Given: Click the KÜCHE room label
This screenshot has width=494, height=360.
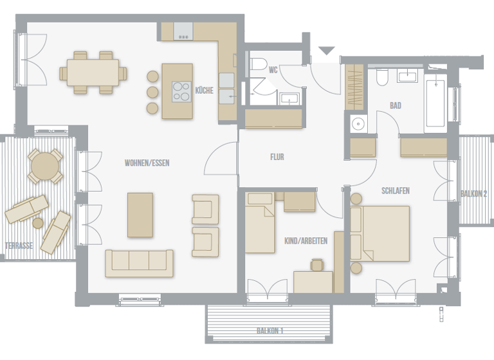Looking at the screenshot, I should [x=204, y=91].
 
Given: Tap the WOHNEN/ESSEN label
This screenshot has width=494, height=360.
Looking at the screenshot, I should [x=147, y=163].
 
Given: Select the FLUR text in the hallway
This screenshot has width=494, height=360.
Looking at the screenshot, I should [x=277, y=157].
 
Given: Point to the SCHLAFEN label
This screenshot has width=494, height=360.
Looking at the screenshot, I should [x=395, y=191].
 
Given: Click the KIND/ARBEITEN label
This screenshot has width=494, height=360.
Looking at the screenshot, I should [x=306, y=241].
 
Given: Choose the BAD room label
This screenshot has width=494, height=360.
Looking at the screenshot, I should [x=395, y=105].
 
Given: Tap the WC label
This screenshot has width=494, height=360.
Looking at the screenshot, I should [x=273, y=70].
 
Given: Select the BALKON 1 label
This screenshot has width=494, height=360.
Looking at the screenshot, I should [x=270, y=330].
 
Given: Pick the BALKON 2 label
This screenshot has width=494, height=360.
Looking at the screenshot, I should [x=473, y=194].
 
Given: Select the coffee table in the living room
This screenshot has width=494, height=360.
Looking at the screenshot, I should [x=140, y=215].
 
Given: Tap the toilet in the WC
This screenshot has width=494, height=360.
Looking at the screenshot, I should [x=259, y=66].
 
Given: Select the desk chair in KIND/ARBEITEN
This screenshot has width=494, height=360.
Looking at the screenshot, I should [x=316, y=265].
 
